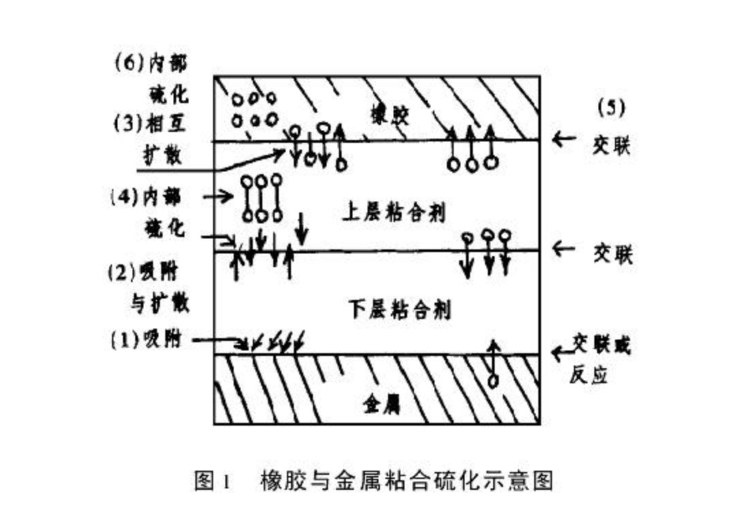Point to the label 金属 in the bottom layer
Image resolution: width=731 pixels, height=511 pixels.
tap(381, 405)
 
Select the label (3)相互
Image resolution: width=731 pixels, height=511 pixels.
tap(150, 123)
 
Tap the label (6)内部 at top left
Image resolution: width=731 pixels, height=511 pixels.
tap(150, 65)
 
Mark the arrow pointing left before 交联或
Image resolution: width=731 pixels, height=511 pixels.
tap(562, 353)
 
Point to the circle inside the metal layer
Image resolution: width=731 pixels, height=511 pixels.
tap(493, 380)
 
